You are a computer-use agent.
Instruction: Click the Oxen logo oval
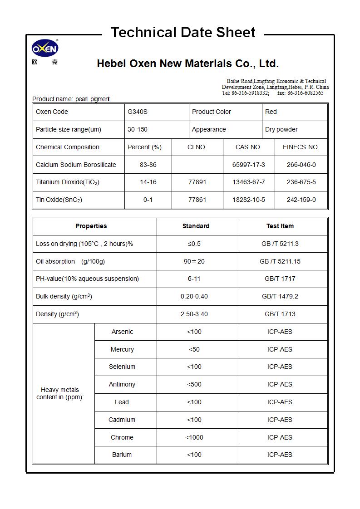(45, 49)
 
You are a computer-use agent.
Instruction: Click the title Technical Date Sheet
(183, 32)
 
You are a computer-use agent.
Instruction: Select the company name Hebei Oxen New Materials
(187, 64)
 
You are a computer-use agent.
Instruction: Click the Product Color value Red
(271, 112)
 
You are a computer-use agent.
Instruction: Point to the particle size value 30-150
(137, 129)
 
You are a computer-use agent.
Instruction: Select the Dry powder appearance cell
(281, 129)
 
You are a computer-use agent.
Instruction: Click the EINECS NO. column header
(301, 147)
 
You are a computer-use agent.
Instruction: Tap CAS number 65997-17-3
(248, 165)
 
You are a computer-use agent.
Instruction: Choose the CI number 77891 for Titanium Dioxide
(197, 182)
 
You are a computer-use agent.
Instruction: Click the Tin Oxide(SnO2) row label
(59, 200)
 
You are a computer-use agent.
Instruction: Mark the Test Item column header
(280, 226)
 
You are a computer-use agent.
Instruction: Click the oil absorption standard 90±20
(194, 261)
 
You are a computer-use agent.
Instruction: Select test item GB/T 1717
(280, 279)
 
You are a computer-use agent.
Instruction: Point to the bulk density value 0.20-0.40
(194, 296)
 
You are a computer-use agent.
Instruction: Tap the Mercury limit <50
(194, 349)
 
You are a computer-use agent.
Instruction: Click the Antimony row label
(122, 384)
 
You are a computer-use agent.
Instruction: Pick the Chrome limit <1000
(194, 437)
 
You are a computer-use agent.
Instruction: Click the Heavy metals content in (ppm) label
(60, 393)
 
